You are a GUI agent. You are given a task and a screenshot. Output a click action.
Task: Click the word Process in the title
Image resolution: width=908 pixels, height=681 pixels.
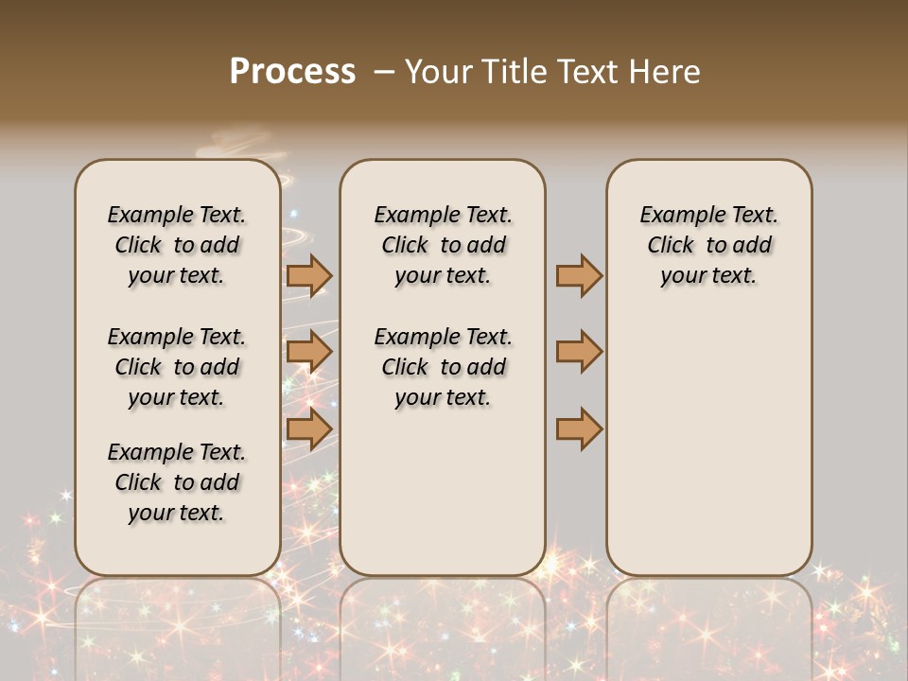292,72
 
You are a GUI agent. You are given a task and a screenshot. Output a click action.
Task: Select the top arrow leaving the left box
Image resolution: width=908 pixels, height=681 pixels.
308,275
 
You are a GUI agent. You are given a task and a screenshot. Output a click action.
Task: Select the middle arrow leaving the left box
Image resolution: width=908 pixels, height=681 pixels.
308,353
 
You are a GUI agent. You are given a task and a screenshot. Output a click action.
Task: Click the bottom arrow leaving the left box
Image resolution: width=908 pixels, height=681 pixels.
308,428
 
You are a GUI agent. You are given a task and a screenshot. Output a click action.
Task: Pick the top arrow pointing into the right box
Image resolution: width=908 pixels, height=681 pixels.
579,275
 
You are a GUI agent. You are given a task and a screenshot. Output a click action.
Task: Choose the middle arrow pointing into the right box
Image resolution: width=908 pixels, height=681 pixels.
579,353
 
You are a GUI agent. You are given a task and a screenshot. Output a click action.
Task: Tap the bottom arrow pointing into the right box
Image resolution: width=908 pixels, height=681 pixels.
579,428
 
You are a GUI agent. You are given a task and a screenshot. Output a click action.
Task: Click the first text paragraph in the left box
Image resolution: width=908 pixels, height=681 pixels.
177,245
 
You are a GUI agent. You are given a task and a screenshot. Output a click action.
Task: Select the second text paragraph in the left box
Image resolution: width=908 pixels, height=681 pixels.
177,367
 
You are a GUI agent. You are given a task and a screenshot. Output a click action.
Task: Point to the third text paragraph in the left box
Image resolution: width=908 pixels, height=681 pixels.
177,482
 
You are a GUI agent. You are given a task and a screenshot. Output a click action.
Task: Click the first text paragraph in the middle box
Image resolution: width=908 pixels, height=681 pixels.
443,245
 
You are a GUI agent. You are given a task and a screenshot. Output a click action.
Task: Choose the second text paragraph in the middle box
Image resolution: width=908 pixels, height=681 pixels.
443,367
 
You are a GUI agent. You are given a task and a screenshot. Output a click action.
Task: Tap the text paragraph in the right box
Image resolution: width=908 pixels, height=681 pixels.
708,245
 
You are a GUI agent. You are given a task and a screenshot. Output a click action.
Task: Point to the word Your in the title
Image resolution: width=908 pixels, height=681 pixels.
436,72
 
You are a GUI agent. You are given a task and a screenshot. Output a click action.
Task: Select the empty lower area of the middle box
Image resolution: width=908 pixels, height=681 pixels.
443,492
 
